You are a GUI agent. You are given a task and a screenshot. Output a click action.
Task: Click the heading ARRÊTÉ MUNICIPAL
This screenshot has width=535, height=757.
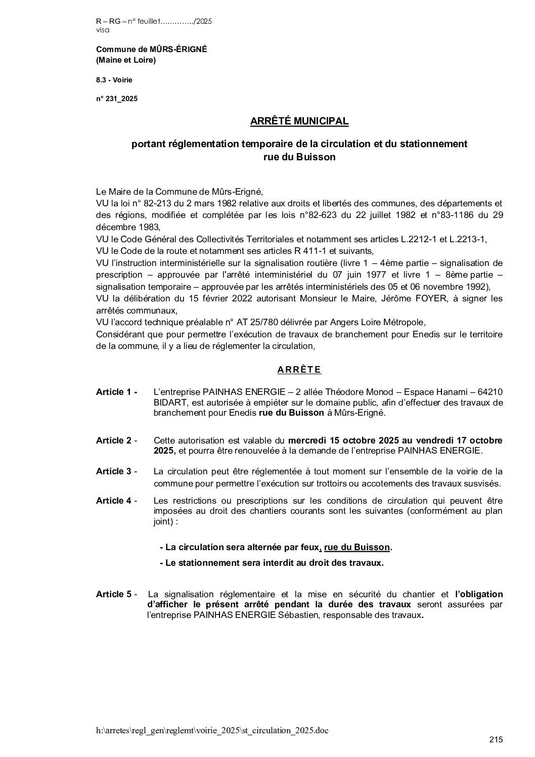tap(299, 121)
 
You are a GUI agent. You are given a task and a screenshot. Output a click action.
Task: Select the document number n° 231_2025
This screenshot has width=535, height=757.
tap(117, 99)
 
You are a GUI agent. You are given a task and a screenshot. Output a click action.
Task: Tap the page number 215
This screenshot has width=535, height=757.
tap(496, 740)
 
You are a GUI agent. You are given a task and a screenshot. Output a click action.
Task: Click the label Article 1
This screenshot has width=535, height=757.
tap(116, 392)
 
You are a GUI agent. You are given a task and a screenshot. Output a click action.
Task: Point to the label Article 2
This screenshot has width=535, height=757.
tap(116, 440)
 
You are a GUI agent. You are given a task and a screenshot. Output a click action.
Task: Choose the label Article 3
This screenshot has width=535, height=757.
tap(116, 471)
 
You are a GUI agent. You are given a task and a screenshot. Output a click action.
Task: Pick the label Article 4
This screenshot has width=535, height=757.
tap(116, 501)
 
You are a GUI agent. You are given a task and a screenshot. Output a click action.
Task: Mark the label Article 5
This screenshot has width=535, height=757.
tap(116, 594)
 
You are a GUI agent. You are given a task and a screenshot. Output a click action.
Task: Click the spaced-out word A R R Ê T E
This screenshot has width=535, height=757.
tap(299, 370)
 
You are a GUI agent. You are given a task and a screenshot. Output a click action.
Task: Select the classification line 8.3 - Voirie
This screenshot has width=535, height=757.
tap(114, 80)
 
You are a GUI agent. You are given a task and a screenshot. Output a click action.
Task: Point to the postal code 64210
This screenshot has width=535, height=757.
tap(489, 392)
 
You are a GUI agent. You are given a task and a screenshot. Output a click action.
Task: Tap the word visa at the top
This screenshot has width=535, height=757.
tap(102, 30)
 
